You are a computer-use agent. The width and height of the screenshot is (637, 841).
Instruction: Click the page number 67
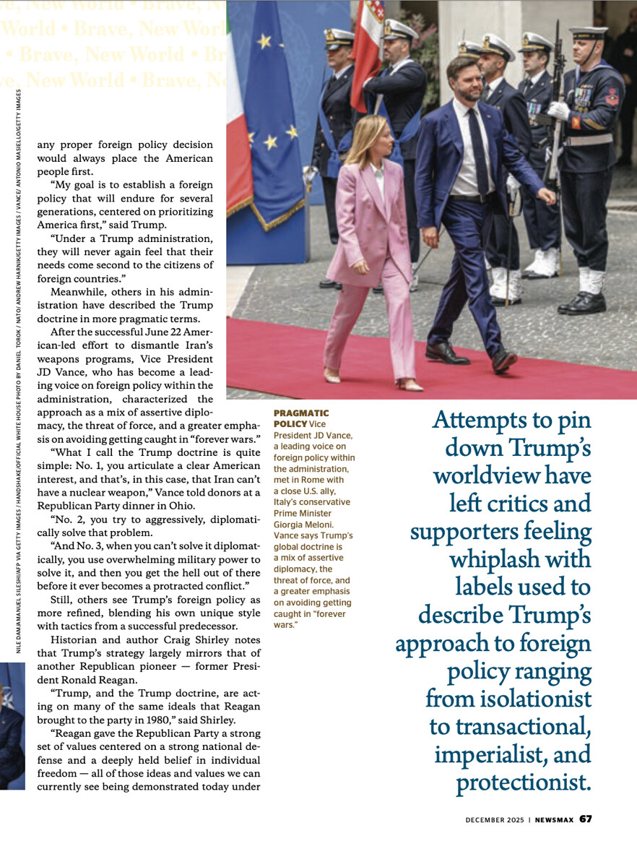[x=586, y=819]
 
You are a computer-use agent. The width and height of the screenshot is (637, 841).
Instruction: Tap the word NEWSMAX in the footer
[x=555, y=819]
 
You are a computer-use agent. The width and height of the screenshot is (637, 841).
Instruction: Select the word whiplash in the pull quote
[x=520, y=560]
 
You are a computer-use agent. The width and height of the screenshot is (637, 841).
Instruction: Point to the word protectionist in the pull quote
[x=524, y=783]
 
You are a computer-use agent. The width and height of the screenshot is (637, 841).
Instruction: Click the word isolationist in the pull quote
[x=519, y=699]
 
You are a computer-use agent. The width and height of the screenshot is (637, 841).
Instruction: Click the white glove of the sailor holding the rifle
[x=558, y=111]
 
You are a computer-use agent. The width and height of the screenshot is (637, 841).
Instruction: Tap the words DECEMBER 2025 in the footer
[x=495, y=819]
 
